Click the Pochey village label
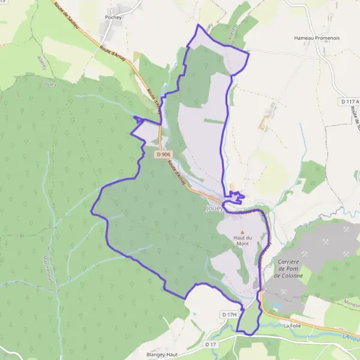tap(114, 18)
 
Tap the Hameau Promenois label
tap(317, 37)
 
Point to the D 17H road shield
tap(230, 314)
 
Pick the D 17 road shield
tap(209, 344)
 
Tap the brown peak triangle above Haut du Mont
tap(242, 232)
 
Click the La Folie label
tap(292, 325)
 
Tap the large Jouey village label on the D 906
tap(214, 209)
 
